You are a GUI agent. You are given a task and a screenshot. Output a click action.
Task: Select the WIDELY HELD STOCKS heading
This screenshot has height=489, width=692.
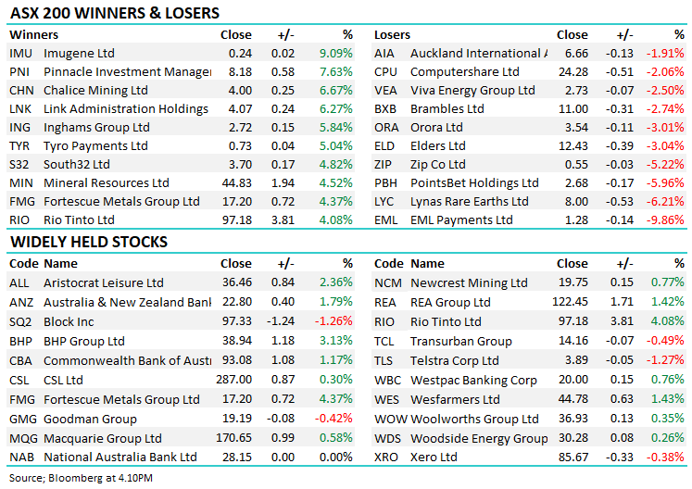[89, 243]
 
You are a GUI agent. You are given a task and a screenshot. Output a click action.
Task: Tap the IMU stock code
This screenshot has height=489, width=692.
[20, 53]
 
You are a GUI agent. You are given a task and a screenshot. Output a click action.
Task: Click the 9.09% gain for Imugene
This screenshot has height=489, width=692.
[336, 53]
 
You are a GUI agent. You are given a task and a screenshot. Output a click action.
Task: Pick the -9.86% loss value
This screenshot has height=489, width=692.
[666, 219]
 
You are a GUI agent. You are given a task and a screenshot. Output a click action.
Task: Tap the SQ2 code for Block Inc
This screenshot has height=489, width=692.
[20, 320]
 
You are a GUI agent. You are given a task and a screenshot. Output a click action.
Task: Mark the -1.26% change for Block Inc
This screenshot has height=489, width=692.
[334, 320]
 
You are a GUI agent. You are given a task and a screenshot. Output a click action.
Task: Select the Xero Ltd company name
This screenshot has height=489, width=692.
[434, 457]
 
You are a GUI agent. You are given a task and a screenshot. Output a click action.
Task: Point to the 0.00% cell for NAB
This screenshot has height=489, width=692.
[334, 457]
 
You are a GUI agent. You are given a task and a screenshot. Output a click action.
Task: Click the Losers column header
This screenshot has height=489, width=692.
[392, 34]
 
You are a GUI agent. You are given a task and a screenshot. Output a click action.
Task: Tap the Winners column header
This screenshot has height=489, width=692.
[32, 34]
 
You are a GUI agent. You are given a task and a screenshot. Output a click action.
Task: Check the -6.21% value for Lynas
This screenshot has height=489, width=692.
[666, 201]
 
